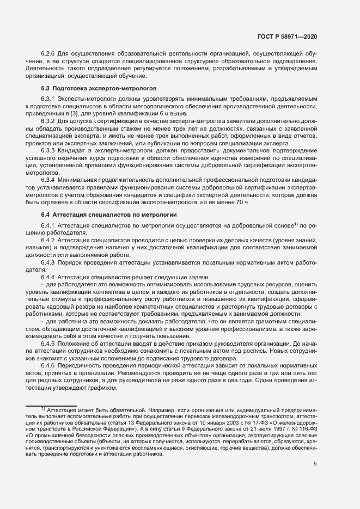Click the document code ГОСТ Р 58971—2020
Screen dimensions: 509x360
pos(286,36)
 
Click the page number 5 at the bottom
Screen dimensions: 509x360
pos(315,464)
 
